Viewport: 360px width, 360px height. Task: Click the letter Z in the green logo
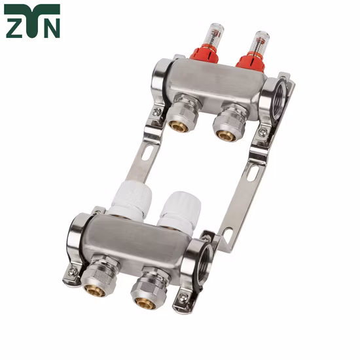point(14,27)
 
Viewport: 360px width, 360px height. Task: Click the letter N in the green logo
point(50,27)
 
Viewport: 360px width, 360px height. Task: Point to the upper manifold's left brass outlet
point(179,124)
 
